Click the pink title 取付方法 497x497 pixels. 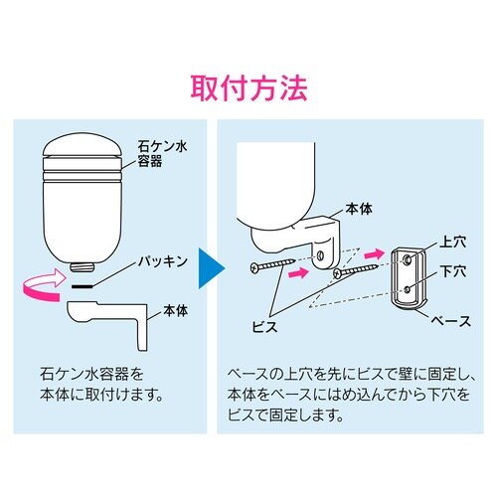click(x=248, y=85)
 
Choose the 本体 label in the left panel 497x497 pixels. click(x=160, y=309)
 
